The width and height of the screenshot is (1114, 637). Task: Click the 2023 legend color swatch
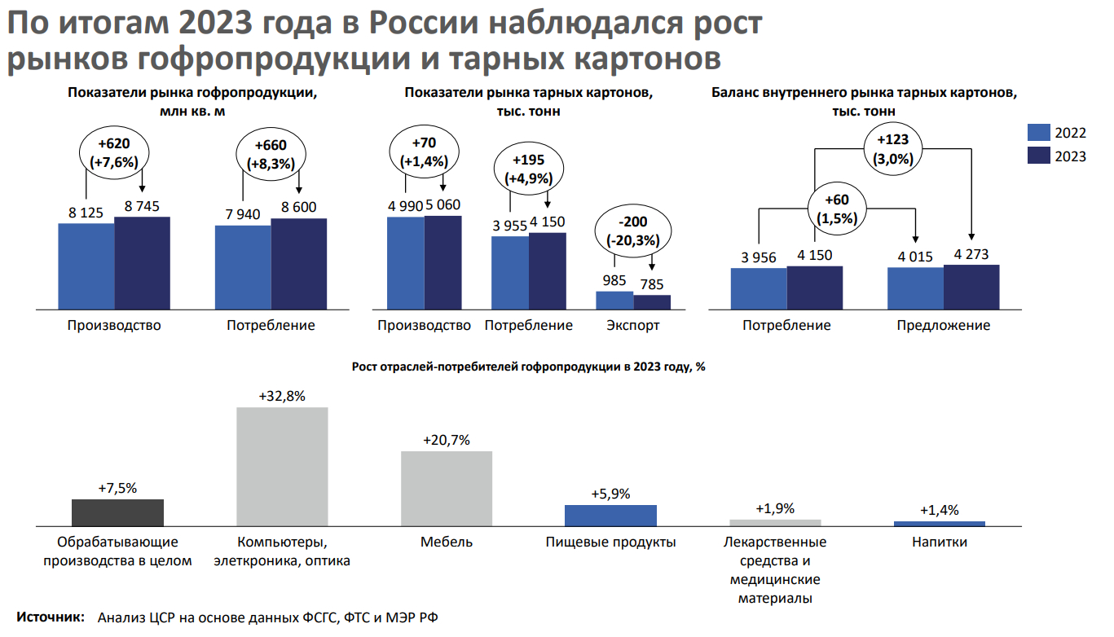pyautogui.click(x=1039, y=156)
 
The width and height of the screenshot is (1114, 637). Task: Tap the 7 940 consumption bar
pyautogui.click(x=243, y=267)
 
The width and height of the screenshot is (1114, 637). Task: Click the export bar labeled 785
pyautogui.click(x=652, y=301)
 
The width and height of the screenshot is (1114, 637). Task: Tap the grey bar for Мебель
pyautogui.click(x=447, y=488)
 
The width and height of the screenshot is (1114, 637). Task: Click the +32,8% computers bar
pyautogui.click(x=282, y=466)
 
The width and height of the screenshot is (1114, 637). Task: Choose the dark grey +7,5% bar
pyautogui.click(x=117, y=512)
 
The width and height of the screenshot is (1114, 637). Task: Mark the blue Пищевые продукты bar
pyautogui.click(x=610, y=515)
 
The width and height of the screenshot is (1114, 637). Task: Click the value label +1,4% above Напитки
pyautogui.click(x=940, y=511)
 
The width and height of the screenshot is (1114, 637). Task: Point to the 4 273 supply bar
pyautogui.click(x=971, y=287)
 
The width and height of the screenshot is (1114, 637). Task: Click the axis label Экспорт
pyautogui.click(x=633, y=326)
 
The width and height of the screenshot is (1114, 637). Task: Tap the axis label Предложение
pyautogui.click(x=944, y=326)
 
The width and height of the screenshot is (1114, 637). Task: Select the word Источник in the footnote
pyautogui.click(x=51, y=617)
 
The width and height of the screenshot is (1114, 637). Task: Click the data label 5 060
pyautogui.click(x=443, y=205)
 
